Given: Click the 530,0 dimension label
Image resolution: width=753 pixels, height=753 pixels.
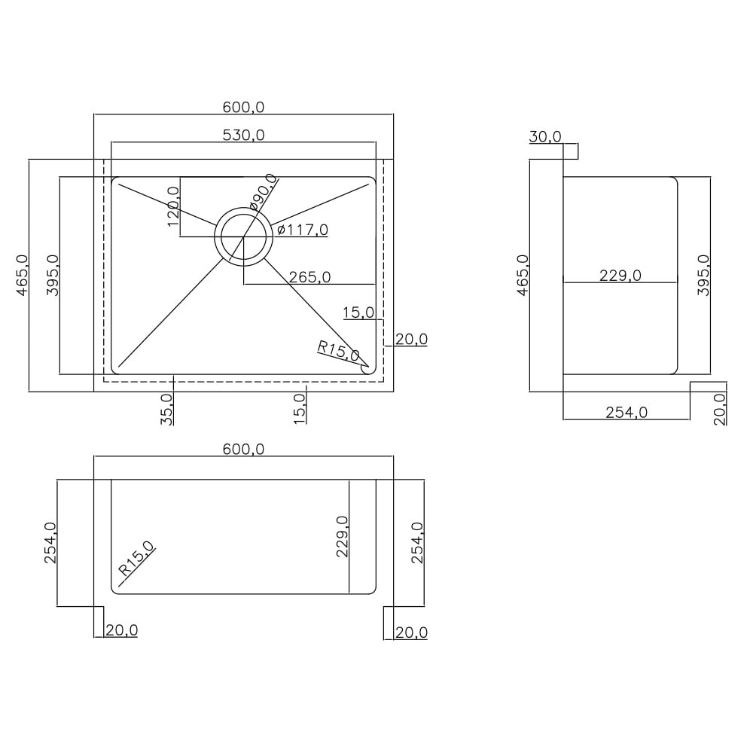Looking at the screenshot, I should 243,136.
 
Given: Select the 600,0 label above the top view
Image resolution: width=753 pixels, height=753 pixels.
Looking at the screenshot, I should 243,108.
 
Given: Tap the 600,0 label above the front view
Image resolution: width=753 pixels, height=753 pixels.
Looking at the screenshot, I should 243,450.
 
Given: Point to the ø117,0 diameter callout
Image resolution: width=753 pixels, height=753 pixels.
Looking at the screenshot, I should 302,230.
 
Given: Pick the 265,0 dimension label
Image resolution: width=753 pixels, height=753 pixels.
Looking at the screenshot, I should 309,277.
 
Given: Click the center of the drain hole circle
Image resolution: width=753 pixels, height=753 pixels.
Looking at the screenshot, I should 243,237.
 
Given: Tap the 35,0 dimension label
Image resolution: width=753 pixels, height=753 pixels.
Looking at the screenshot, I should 166,409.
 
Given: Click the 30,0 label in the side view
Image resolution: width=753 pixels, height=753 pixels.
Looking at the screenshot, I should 545,137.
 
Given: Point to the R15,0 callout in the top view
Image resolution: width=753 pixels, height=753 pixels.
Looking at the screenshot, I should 338,351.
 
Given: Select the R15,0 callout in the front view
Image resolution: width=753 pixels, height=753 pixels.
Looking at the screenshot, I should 136,559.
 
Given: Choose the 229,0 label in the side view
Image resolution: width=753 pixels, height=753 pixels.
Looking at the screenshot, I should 620,276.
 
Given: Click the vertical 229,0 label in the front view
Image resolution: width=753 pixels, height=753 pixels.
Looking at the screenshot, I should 342,536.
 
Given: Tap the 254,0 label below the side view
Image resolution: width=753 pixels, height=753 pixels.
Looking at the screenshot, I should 626,413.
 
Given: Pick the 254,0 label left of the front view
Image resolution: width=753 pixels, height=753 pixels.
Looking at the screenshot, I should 50,542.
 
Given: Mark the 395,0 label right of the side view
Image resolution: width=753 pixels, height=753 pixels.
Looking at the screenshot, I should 703,275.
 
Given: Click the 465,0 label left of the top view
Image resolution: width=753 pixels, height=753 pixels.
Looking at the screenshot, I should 22,275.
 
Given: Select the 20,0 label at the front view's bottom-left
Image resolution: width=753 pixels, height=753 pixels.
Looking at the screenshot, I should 121,631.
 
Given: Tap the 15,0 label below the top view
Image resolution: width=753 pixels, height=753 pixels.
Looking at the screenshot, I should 300,409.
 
